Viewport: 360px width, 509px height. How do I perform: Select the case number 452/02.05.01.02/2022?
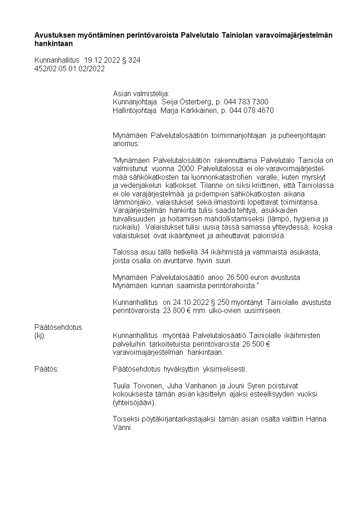tap(69, 69)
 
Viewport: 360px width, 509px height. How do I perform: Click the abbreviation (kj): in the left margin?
tap(40, 336)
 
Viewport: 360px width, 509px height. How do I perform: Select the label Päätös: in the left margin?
tap(46, 369)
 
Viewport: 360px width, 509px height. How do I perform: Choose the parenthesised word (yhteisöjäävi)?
tap(134, 402)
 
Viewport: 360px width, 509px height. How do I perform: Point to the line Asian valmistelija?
tap(141, 93)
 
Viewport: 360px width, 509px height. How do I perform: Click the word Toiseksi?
tap(126, 419)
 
